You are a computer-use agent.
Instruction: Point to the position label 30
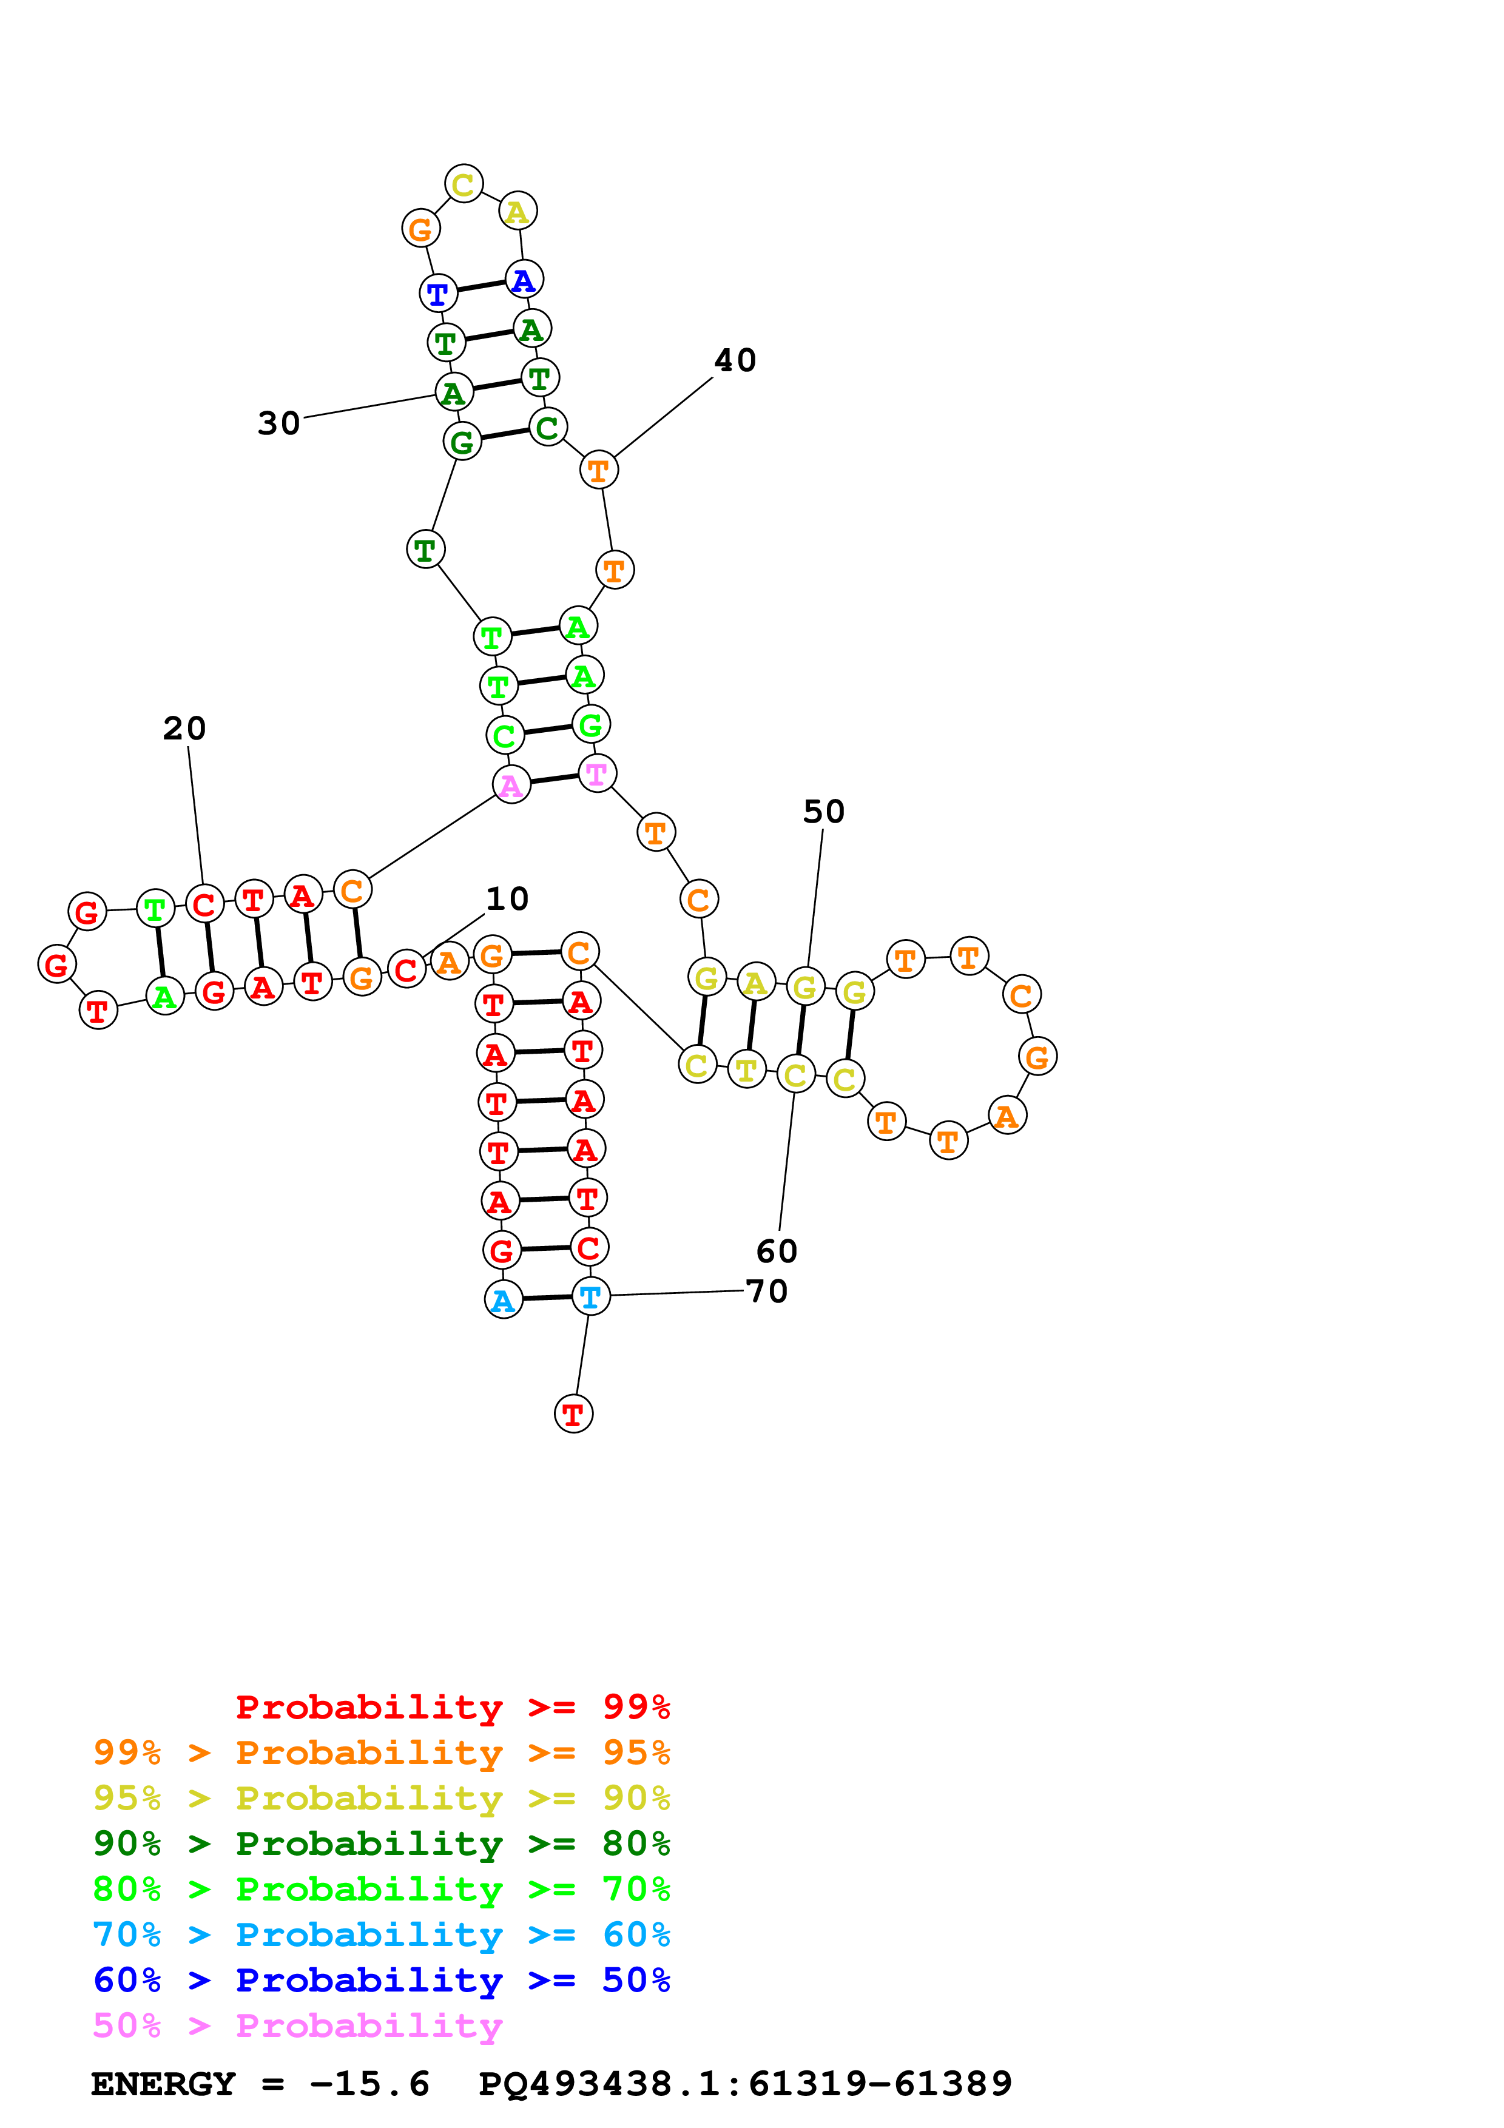coord(279,423)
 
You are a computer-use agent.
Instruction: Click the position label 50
coord(824,811)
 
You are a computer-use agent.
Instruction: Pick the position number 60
coord(777,1251)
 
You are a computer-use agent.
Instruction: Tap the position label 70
coord(767,1290)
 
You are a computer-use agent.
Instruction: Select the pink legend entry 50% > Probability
coord(297,2025)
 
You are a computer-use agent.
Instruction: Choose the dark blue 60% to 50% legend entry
coord(382,1980)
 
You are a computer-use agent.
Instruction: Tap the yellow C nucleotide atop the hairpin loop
coord(464,184)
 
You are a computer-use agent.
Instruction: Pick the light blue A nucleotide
coord(503,1301)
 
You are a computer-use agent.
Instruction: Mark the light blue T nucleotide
coord(590,1296)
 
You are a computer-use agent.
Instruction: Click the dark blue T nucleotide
coord(438,294)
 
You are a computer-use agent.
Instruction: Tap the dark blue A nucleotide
coord(524,279)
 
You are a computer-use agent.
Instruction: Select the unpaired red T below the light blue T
coord(573,1415)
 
